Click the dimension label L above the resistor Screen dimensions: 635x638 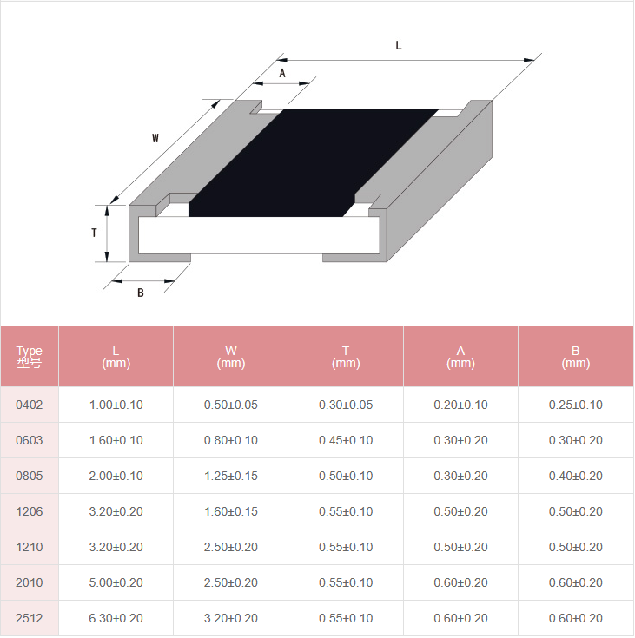(x=399, y=45)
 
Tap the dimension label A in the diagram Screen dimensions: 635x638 (x=282, y=73)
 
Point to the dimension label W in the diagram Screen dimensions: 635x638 (x=155, y=138)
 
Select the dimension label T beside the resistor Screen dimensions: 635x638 (x=94, y=233)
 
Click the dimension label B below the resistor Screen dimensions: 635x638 (x=141, y=293)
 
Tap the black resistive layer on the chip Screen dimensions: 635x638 (x=314, y=163)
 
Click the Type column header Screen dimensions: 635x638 (x=30, y=357)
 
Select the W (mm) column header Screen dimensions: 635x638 (x=231, y=357)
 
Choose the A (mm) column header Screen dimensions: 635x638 (x=460, y=357)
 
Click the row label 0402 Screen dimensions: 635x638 (x=30, y=405)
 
